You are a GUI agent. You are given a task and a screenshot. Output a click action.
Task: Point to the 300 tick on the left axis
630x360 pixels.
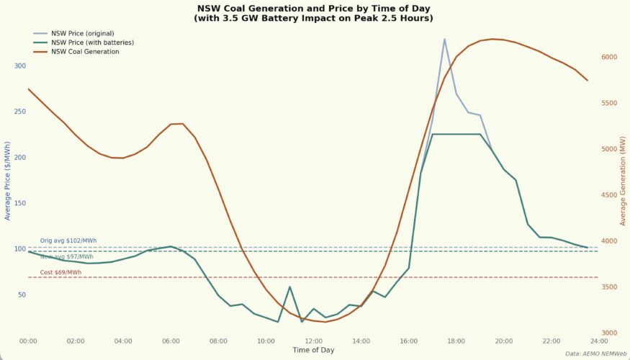click(x=19, y=66)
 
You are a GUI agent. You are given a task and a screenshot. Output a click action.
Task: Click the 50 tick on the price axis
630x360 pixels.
click(x=21, y=294)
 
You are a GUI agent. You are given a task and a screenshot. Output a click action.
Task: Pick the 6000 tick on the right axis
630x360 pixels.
click(x=609, y=57)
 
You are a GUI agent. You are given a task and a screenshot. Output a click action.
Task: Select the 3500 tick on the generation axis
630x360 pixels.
click(x=609, y=287)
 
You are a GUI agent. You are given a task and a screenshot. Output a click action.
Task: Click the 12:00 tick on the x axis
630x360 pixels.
click(x=313, y=341)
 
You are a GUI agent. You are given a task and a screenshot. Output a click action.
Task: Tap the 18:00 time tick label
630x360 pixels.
click(x=456, y=341)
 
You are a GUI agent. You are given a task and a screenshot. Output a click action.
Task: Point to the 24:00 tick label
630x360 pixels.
click(x=598, y=341)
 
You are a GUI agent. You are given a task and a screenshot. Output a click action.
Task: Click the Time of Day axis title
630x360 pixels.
click(x=313, y=350)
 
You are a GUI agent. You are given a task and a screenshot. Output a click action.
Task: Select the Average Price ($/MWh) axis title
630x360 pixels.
click(x=8, y=181)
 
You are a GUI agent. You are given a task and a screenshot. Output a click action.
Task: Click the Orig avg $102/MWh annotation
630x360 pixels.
click(x=68, y=240)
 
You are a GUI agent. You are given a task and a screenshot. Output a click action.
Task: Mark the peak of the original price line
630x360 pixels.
click(x=444, y=39)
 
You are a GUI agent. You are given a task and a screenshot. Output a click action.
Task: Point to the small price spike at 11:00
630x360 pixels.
click(x=289, y=287)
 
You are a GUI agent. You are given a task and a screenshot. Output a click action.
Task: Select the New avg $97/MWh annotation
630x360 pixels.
click(x=67, y=256)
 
